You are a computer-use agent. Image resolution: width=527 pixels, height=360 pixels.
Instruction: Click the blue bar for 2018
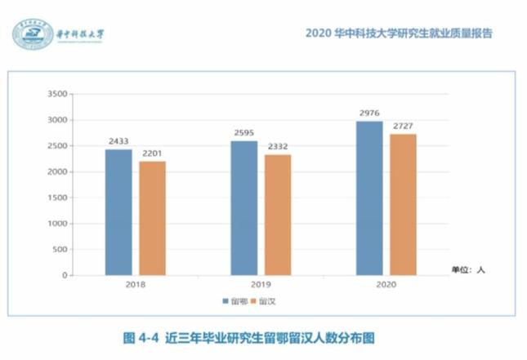pos(118,212)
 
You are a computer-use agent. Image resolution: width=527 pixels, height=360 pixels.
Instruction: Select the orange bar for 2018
pos(152,218)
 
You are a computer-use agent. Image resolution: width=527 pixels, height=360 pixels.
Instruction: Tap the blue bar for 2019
pos(243,208)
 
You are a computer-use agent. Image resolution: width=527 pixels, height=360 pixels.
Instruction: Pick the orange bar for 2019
pos(278,215)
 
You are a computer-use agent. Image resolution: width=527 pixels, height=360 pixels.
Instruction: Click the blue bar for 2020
pos(369,198)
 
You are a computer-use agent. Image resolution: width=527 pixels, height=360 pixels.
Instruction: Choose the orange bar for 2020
pos(404,205)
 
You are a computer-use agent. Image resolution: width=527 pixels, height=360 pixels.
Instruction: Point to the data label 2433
pos(118,141)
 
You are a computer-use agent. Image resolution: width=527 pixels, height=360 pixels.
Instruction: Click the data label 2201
pos(152,153)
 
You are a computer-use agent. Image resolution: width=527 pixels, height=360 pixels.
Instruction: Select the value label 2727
pos(404,127)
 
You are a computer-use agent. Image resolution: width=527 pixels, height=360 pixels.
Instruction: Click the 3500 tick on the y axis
pos(56,95)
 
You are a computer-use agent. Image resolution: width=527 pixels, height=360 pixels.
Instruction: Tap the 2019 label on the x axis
pos(261,286)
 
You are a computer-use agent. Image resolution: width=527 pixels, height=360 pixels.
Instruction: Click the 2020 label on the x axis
pos(386,286)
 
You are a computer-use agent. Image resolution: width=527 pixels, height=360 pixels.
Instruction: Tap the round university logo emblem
pos(33,34)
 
